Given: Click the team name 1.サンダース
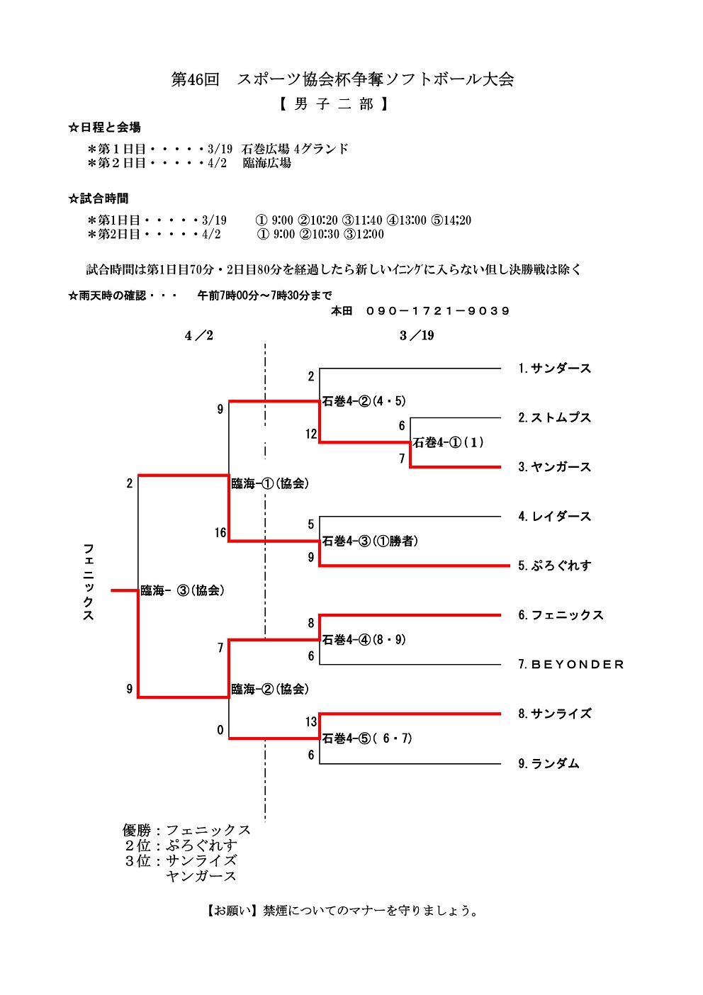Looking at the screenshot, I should click(554, 369).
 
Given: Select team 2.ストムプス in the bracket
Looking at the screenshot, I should click(554, 418).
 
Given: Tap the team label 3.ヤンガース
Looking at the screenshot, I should click(554, 467).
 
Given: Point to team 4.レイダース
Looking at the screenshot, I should click(554, 517).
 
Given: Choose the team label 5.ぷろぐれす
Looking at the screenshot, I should click(554, 566).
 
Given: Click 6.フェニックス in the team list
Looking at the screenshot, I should click(561, 615).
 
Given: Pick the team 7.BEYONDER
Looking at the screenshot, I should click(570, 665).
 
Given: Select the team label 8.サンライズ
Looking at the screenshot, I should click(554, 714).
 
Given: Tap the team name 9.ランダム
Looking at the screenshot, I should click(549, 763).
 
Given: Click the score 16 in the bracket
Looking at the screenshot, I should click(220, 533).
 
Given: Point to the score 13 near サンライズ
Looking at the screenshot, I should click(311, 722).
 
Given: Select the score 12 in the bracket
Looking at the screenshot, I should click(311, 434).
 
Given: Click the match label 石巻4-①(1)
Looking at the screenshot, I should click(449, 443).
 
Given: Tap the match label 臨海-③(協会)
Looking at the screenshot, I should click(182, 590).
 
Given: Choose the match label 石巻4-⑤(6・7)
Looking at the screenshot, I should click(367, 738).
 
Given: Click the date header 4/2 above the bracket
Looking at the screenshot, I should click(199, 336).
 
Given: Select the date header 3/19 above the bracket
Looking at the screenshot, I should click(417, 336).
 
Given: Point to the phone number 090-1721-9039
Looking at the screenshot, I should click(438, 311).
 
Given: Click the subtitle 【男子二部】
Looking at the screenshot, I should click(333, 104).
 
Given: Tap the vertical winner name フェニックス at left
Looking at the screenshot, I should click(89, 582).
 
